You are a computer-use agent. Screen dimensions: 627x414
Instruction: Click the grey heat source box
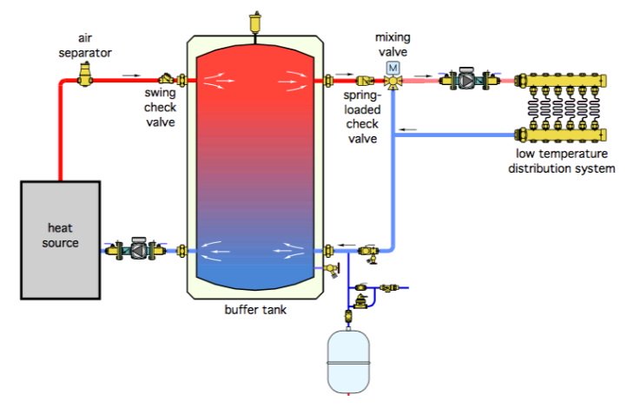coord(61,240)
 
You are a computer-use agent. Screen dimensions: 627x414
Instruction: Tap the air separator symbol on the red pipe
coord(85,75)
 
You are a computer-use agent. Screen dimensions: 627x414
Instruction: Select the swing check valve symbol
coord(166,79)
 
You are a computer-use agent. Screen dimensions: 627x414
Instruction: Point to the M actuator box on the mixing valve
coord(393,68)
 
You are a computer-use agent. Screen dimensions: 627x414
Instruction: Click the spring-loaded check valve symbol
coord(364,81)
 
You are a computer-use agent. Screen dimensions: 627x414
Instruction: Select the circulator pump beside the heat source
coord(136,249)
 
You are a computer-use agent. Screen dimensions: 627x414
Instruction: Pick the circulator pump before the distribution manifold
coord(470,79)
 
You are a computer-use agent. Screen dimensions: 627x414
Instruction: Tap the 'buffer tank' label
coord(255,310)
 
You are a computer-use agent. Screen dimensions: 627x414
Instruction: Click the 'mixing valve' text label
coord(393,44)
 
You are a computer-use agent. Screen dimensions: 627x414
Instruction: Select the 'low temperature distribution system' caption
coord(561,161)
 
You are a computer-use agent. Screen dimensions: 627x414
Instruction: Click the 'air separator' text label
coord(85,45)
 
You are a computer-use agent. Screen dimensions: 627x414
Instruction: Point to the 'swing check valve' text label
coord(160,108)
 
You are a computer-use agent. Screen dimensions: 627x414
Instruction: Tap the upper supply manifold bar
coord(561,80)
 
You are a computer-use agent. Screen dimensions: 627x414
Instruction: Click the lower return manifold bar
coord(561,135)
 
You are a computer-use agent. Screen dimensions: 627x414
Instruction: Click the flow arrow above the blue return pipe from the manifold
coord(408,129)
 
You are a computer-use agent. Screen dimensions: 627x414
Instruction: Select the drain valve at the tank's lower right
coord(333,269)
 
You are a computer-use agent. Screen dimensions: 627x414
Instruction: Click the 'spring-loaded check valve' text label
coord(362,116)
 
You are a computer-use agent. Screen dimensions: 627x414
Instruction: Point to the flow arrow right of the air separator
coord(131,76)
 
